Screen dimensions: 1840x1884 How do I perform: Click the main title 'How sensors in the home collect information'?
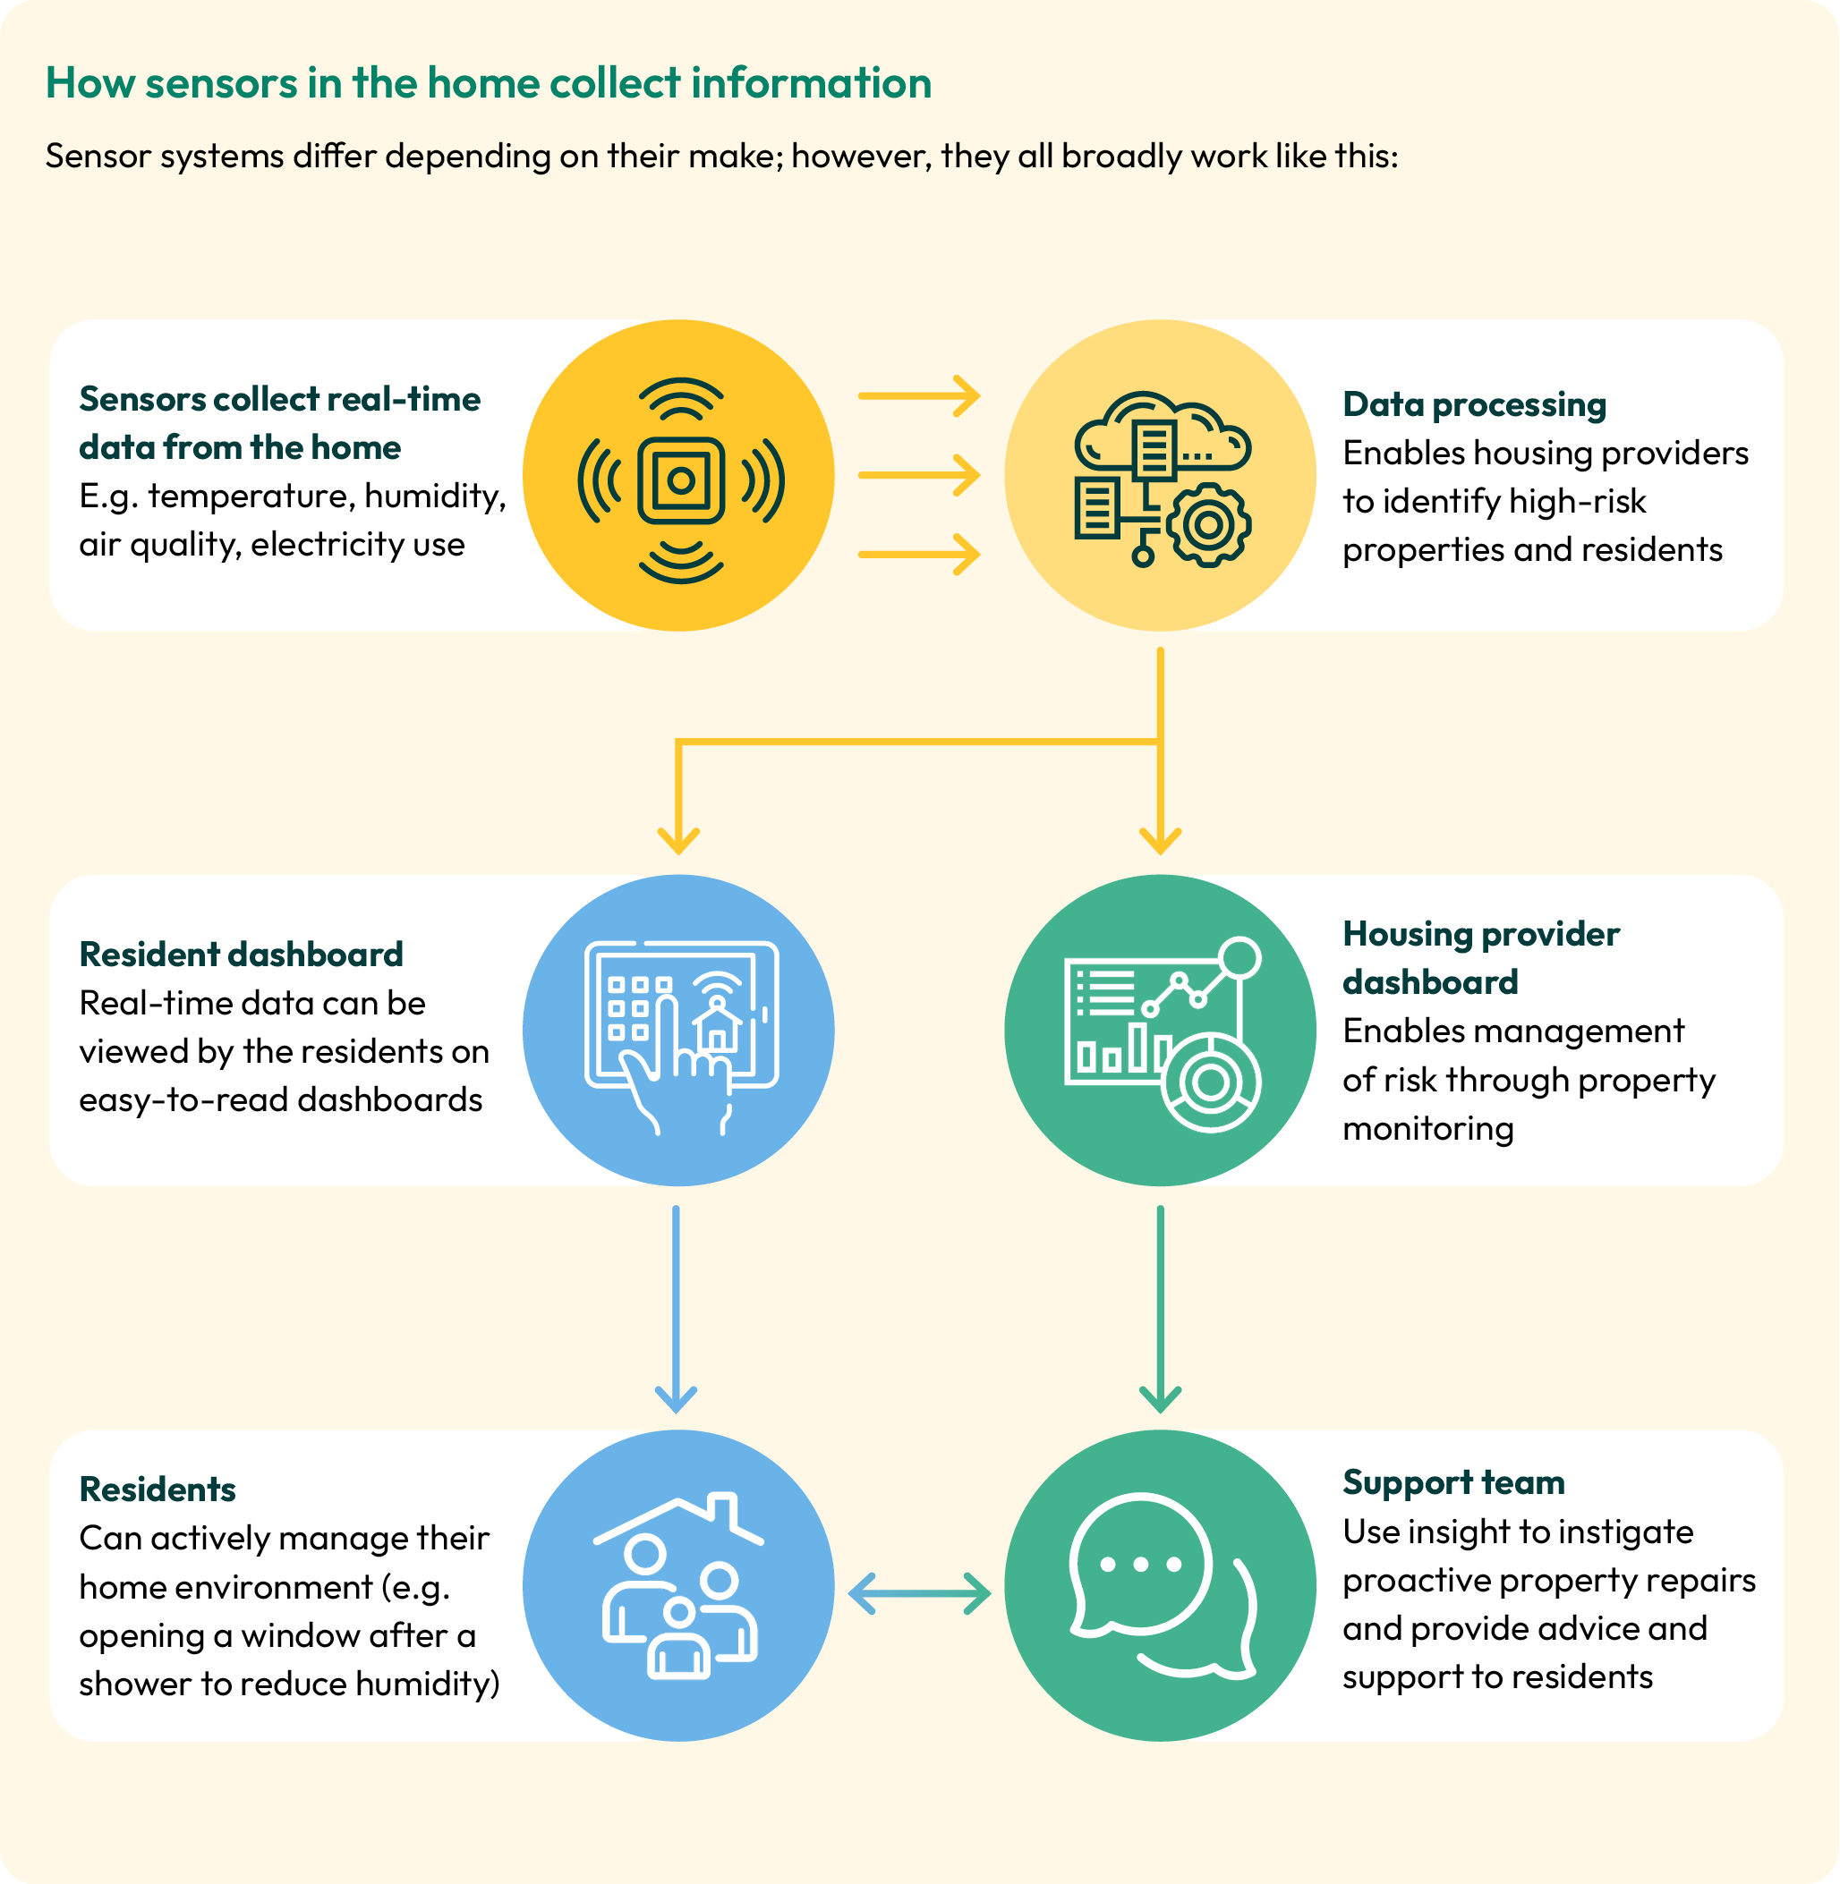(488, 83)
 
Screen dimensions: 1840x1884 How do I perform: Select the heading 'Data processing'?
(1474, 405)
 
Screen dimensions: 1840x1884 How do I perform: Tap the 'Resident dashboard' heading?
(241, 955)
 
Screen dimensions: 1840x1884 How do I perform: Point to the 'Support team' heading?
(1453, 1483)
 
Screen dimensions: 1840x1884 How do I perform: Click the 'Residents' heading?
(158, 1489)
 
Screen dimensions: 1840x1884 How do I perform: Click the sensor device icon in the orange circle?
(681, 480)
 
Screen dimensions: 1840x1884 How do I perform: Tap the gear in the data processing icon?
(1208, 524)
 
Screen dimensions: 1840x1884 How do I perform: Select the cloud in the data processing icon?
(1163, 430)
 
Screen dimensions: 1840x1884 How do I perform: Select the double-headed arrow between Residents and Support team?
(919, 1594)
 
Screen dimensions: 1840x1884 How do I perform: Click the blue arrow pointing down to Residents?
(676, 1309)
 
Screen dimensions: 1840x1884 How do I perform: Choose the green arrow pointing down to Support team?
(1161, 1309)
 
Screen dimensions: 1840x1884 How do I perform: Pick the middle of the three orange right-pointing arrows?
(919, 475)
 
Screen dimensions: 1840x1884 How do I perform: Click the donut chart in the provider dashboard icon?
(1210, 1083)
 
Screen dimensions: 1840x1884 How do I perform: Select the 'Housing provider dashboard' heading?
(1480, 958)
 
